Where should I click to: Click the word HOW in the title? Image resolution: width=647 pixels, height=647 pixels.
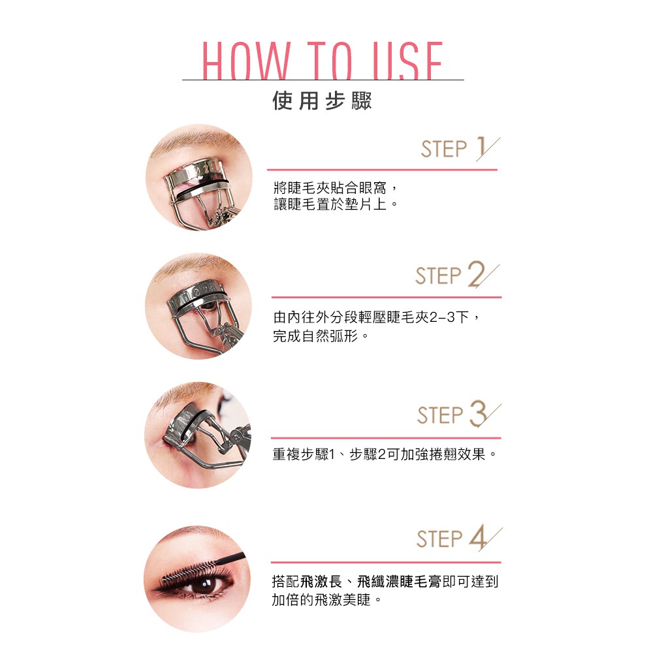coord(246,61)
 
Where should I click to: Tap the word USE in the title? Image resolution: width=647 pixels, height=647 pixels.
coord(407,61)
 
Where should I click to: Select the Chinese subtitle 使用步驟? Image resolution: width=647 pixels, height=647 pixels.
coord(323,101)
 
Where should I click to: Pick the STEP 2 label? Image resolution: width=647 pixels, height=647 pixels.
coord(457,274)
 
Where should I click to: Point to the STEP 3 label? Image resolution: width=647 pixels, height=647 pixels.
coord(458,414)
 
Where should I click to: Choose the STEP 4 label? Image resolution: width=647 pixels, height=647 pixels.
coord(459,538)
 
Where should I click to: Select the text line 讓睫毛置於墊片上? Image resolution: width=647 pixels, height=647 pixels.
coord(336,204)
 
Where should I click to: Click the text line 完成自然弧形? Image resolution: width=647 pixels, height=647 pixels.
coord(320,336)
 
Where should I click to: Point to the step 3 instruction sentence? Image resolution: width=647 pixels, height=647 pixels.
coord(384,454)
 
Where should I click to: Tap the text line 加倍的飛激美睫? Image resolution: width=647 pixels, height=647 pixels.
coord(326,599)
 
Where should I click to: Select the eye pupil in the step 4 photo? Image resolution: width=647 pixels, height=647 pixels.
coord(205,585)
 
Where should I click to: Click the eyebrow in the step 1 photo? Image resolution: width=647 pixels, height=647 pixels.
coord(194,140)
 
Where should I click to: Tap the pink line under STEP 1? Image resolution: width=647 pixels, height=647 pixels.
coord(382,170)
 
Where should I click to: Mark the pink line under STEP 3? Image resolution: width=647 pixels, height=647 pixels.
coord(386,438)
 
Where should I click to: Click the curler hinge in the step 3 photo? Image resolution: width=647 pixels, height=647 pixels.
coord(237,435)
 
